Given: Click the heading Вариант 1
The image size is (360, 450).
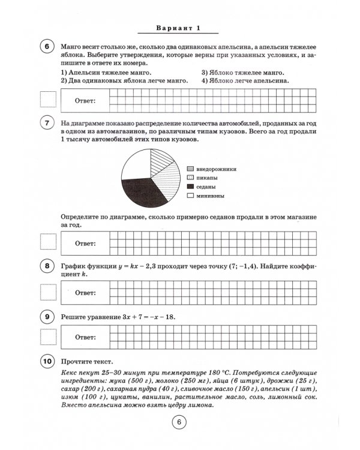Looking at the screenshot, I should [x=180, y=28].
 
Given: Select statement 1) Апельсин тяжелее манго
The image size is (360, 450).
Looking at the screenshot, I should [x=106, y=72].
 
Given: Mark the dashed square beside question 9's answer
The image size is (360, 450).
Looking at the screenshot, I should [x=47, y=338].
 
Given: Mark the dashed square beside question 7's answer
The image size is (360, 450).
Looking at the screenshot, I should [x=47, y=242].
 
